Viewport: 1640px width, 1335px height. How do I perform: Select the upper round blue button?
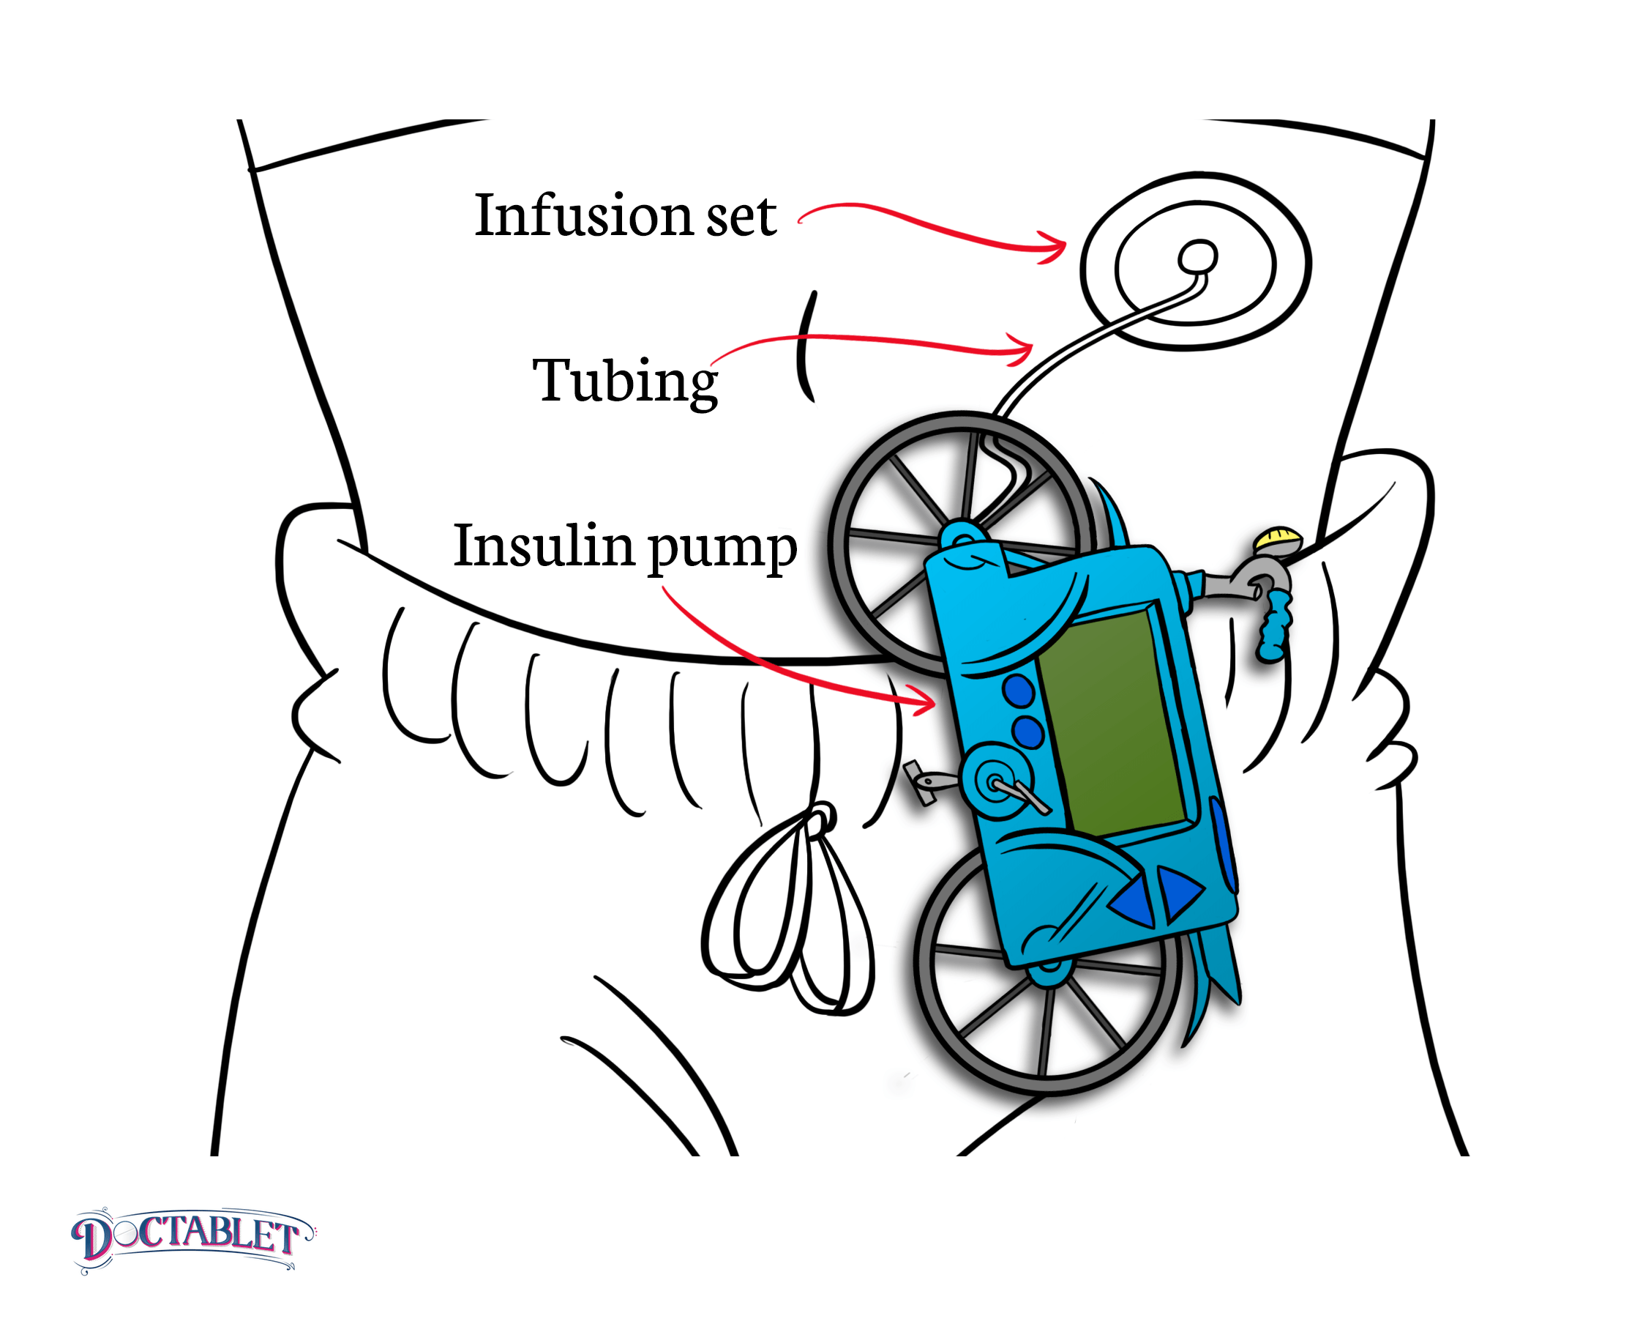tap(1018, 691)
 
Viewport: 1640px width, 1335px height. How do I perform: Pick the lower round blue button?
tap(1027, 732)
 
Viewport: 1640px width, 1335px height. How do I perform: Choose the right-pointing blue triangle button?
tap(1177, 892)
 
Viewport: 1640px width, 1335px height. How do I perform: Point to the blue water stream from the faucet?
tap(1274, 627)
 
